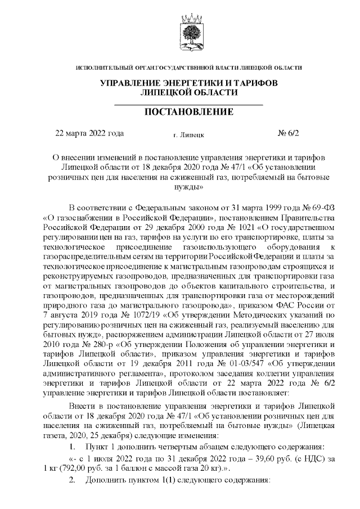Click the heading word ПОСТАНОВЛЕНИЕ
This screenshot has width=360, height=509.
tap(189, 112)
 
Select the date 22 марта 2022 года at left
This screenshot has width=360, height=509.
tap(89, 134)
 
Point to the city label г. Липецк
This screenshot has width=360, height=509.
tap(189, 135)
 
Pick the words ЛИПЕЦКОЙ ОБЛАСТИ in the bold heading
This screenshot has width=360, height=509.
tap(189, 92)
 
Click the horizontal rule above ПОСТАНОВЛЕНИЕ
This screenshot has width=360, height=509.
tap(189, 105)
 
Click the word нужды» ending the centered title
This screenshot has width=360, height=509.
tap(189, 186)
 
